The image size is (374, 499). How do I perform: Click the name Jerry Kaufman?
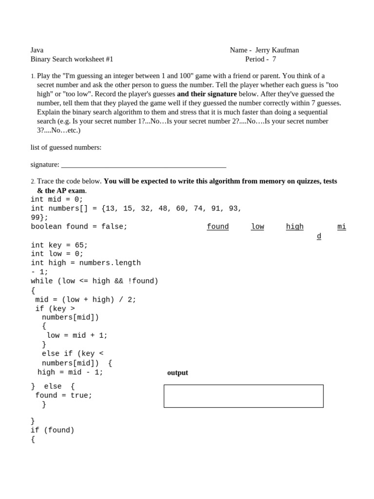[277, 50]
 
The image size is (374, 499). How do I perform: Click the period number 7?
[274, 59]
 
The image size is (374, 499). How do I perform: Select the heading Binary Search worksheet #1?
[72, 59]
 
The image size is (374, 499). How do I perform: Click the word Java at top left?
[37, 50]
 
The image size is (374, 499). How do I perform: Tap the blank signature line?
[144, 165]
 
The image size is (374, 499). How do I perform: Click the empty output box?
[243, 396]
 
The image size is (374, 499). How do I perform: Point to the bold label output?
[177, 373]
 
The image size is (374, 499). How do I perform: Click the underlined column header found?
[218, 227]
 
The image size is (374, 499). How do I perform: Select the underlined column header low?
[258, 227]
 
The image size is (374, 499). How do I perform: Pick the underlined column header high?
[295, 227]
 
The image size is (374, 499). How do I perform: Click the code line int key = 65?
[59, 245]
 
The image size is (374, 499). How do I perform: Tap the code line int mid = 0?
[57, 199]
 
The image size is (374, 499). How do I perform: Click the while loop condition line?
[94, 281]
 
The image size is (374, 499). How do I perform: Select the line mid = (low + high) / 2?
[86, 300]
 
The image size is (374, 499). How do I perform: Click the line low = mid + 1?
[77, 336]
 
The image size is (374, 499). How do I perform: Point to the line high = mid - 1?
[70, 372]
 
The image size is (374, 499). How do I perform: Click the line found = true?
[63, 396]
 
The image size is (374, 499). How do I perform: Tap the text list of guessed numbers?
[66, 148]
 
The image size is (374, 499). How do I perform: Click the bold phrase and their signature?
[207, 94]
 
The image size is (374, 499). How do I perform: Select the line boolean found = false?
[79, 227]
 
